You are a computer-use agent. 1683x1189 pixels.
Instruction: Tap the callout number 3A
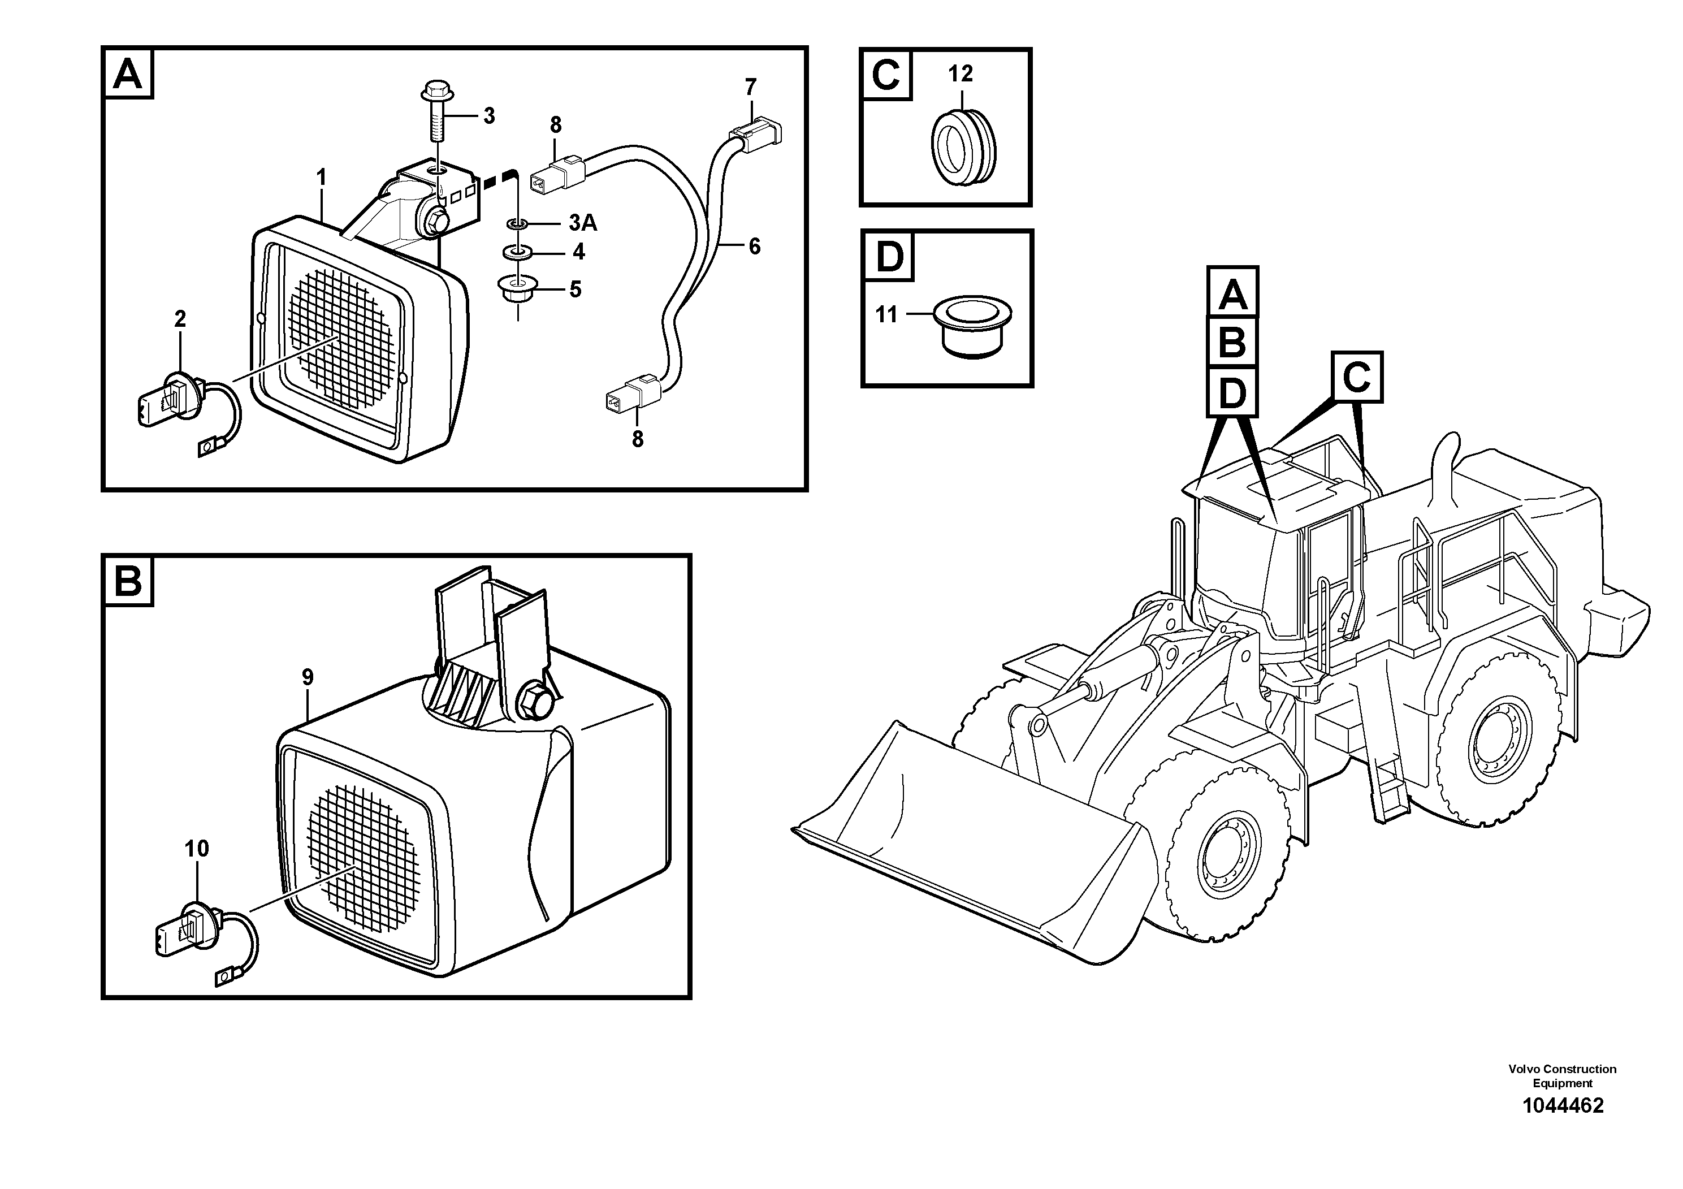(583, 223)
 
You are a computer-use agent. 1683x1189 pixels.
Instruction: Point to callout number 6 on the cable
(754, 247)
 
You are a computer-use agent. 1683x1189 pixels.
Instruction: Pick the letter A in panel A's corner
(128, 73)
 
